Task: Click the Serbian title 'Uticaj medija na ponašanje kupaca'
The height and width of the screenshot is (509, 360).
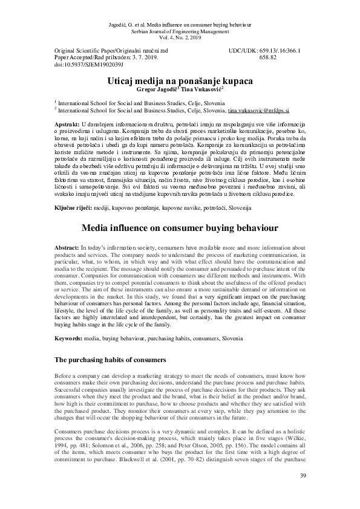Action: (x=180, y=80)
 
